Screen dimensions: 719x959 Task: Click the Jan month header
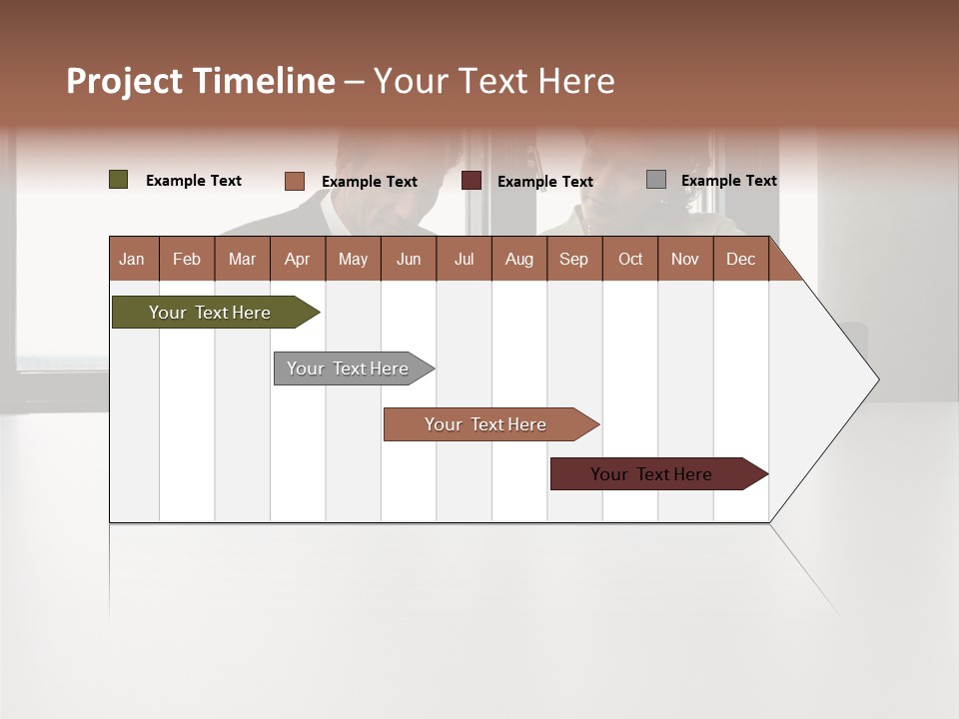(132, 259)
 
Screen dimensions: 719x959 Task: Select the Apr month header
(297, 259)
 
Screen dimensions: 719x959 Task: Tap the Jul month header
(464, 259)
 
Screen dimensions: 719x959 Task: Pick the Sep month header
(573, 259)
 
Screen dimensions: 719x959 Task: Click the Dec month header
(740, 259)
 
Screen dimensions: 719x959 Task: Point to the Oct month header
(630, 259)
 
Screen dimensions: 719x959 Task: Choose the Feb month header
(187, 259)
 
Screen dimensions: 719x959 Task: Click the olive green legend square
(118, 180)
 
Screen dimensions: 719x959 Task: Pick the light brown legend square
(294, 181)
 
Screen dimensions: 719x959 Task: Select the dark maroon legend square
(471, 181)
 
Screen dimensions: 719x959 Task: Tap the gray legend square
(655, 180)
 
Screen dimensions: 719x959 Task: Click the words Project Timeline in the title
(200, 81)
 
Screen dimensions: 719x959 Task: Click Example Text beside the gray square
(728, 180)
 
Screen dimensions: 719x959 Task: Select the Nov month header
(684, 259)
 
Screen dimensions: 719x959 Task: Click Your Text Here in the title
(493, 81)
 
